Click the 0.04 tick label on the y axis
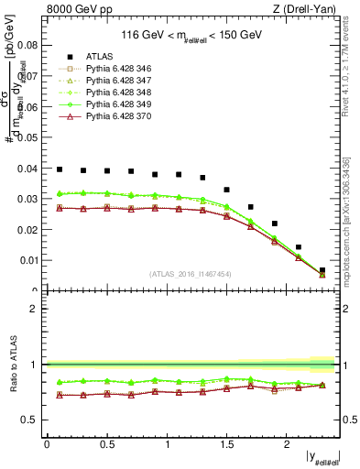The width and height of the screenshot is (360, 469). tap(30, 169)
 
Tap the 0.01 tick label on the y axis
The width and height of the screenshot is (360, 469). tap(30, 260)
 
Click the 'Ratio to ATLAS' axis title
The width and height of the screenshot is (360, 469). tap(13, 365)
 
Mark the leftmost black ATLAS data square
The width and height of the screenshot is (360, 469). tap(60, 169)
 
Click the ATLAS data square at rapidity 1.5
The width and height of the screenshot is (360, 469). tap(226, 190)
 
